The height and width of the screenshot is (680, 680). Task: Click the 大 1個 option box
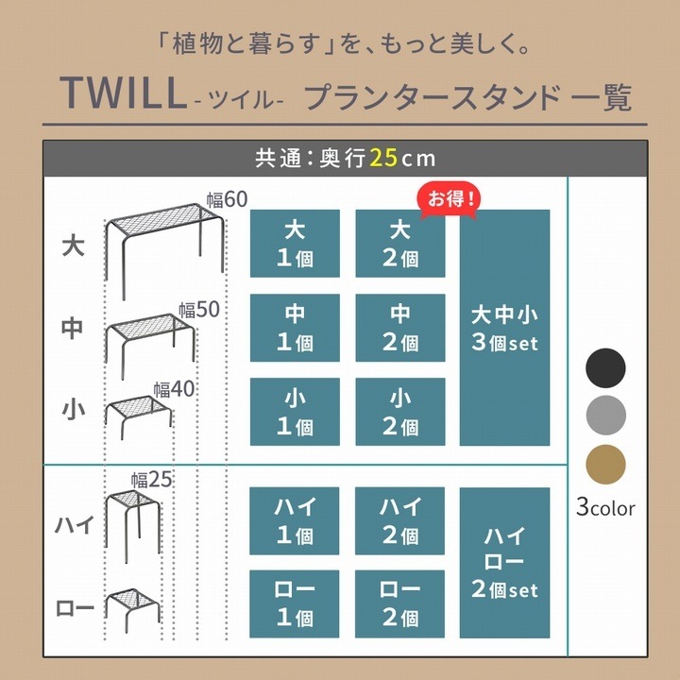295,244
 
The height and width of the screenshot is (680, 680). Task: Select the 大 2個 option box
400,244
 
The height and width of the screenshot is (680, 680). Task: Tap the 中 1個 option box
295,328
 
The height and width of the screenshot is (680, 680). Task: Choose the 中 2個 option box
400,328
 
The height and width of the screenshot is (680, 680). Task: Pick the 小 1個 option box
295,412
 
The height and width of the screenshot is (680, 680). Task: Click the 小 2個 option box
400,412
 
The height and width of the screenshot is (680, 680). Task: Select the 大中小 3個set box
504,328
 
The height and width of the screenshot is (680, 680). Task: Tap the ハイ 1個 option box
295,520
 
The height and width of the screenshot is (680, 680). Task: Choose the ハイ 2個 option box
400,520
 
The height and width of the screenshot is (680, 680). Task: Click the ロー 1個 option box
295,604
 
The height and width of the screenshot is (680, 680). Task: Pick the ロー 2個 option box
400,604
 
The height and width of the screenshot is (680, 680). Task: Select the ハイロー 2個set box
504,563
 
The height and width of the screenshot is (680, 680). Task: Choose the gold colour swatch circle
605,464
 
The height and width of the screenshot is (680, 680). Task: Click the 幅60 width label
227,199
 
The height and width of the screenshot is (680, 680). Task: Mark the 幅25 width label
151,480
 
